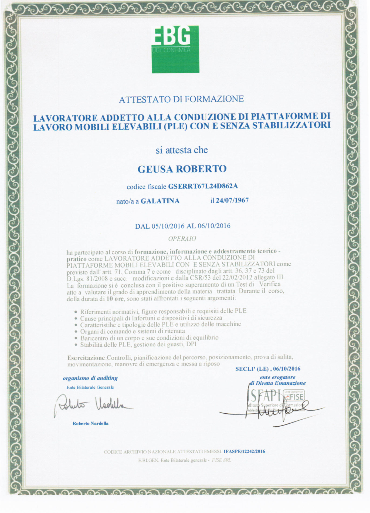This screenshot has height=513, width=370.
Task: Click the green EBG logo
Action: point(175,49)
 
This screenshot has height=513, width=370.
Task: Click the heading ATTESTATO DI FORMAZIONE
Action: point(181,99)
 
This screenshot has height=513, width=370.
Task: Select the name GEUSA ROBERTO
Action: point(182,169)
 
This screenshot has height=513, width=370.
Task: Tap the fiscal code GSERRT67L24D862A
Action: point(203,186)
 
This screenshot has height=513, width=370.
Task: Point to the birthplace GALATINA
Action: point(160,201)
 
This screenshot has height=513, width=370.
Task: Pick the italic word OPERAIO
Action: point(182,239)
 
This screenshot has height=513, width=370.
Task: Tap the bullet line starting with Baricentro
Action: point(149,338)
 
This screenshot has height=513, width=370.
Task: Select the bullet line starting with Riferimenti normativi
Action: point(163,311)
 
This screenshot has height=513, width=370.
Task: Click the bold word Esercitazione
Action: point(86,358)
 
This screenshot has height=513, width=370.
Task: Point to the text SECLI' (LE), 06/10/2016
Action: point(268,369)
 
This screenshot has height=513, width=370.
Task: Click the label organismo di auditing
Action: point(90,378)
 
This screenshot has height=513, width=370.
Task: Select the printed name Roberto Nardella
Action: point(90,423)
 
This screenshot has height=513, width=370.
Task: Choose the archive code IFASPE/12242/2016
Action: point(244,451)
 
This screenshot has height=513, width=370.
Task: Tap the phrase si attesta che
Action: point(182,150)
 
